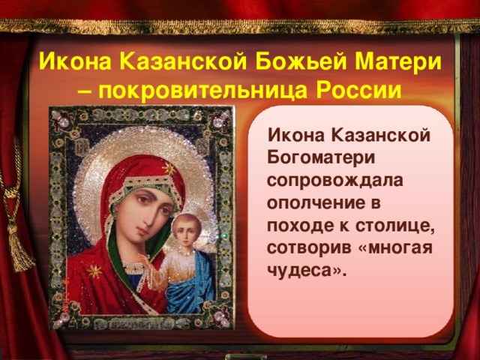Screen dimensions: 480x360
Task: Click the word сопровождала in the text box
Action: click(335, 181)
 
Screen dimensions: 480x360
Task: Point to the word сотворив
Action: click(308, 248)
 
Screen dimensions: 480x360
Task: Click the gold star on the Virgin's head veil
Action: click(168, 168)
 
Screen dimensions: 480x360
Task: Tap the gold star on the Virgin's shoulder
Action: click(94, 271)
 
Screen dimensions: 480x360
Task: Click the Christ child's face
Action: click(187, 230)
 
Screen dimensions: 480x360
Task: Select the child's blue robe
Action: click(187, 287)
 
